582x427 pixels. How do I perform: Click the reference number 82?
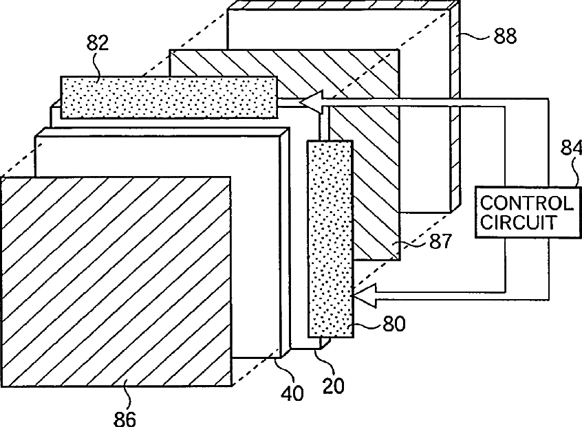tap(97, 43)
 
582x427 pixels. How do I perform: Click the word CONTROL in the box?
tap(526, 204)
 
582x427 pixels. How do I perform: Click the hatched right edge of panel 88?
tap(455, 110)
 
